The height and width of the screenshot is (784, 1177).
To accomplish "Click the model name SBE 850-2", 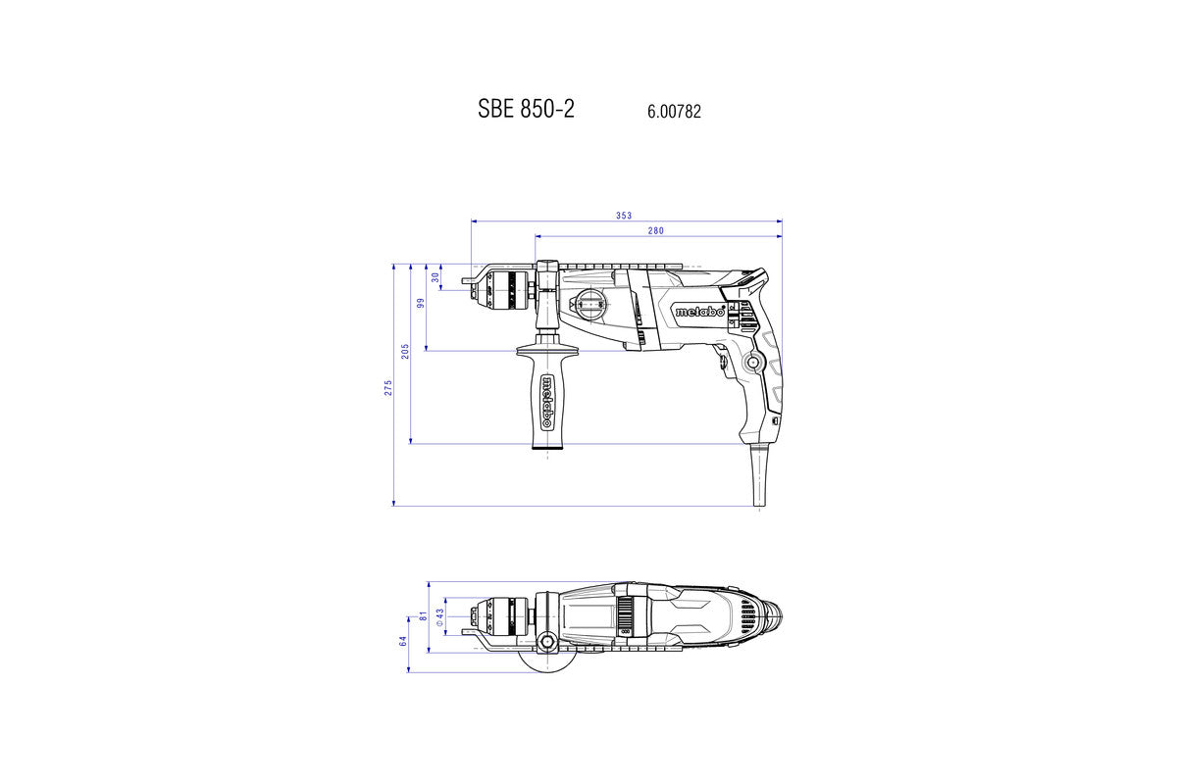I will point(526,109).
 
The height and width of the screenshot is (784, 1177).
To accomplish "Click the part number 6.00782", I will point(674,113).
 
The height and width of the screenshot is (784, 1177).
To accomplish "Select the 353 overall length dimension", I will point(625,216).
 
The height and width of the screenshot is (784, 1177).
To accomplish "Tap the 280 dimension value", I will point(656,231).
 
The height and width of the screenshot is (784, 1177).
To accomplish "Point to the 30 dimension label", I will point(435,277).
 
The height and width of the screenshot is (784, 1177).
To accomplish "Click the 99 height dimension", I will point(420,303).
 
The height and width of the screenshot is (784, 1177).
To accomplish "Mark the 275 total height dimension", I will point(388,387).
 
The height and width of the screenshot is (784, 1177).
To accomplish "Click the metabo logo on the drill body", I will point(698,312).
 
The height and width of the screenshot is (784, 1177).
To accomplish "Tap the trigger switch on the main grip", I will point(725,362).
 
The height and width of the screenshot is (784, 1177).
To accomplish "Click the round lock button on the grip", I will point(753,363).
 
